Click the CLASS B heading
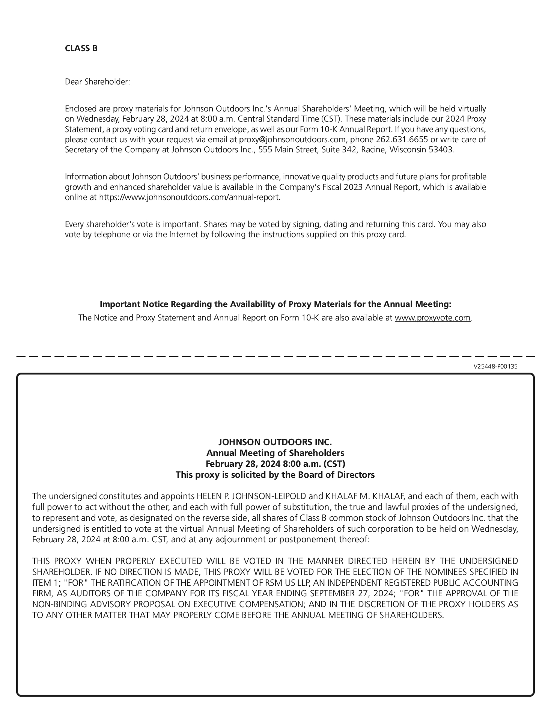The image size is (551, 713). pyautogui.click(x=81, y=48)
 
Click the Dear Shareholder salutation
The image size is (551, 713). pyautogui.click(x=97, y=81)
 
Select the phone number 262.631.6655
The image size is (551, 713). pyautogui.click(x=401, y=140)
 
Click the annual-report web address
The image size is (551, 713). pyautogui.click(x=189, y=197)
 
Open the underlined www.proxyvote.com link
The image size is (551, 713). pyautogui.click(x=432, y=318)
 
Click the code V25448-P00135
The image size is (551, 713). pyautogui.click(x=495, y=366)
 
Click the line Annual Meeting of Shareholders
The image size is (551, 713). pyautogui.click(x=275, y=453)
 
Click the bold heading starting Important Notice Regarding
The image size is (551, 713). pyautogui.click(x=275, y=304)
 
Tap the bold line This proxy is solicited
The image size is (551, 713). pyautogui.click(x=275, y=475)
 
